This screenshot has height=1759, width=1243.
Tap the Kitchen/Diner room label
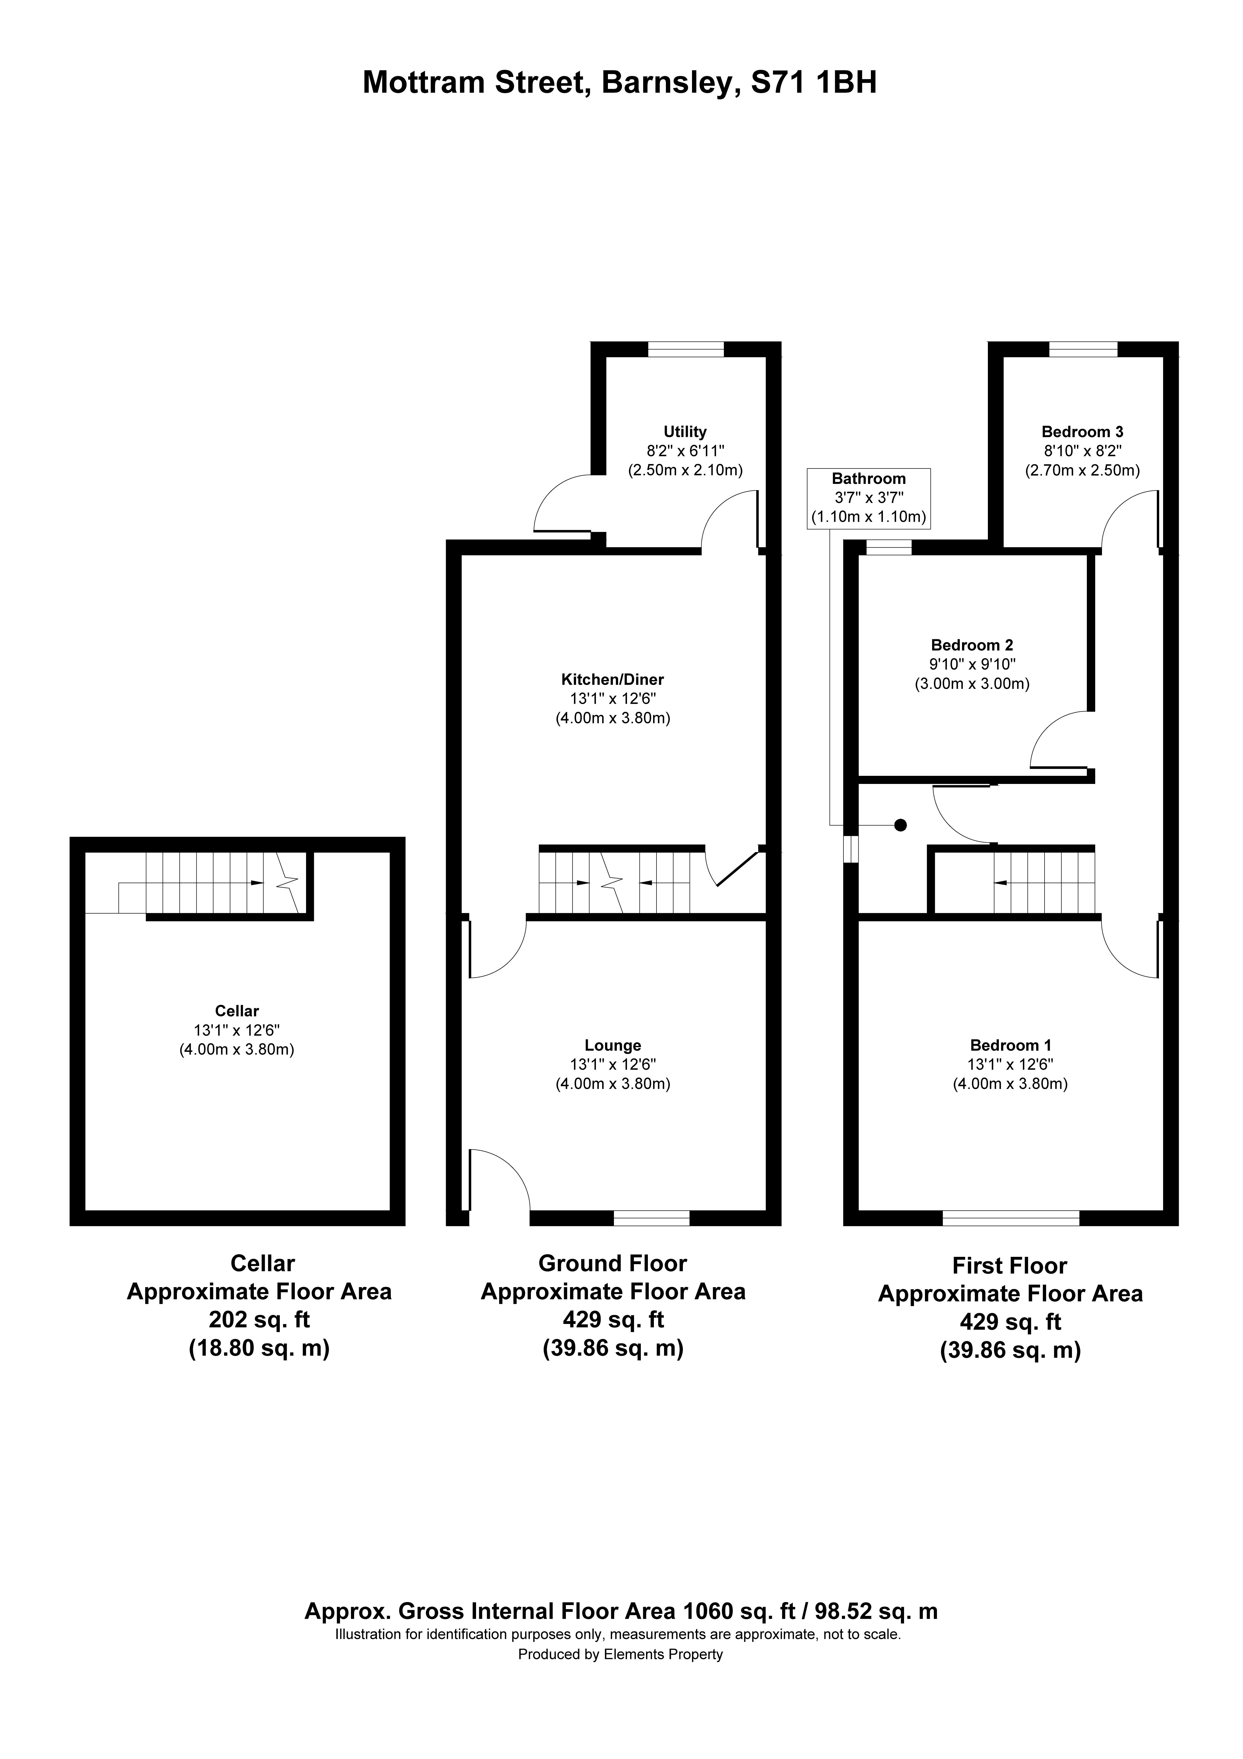[612, 679]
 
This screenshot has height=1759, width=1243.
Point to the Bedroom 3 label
[1082, 432]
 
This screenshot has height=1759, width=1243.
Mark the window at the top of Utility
[685, 349]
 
